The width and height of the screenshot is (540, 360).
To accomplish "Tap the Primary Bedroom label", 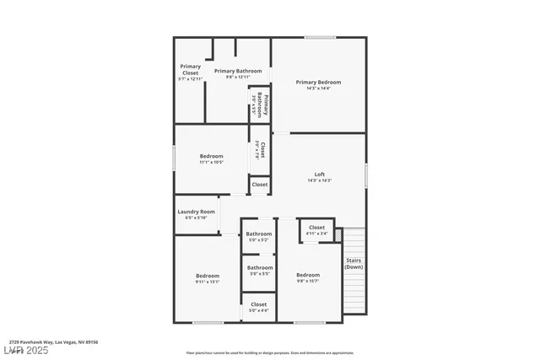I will [x=318, y=82].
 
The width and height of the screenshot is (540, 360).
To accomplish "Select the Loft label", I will [x=320, y=175].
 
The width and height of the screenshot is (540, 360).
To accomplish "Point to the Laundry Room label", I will [x=196, y=212].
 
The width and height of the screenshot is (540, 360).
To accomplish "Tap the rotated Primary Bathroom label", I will [x=264, y=108].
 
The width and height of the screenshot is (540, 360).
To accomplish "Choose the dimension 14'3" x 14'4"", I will [x=318, y=89].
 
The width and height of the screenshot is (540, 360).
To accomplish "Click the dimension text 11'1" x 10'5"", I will [x=211, y=162].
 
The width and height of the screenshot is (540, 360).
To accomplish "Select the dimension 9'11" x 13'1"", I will [x=208, y=282].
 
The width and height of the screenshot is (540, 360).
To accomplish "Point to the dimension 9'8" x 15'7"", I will [x=308, y=282].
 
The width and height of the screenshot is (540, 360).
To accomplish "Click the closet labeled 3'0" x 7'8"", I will [x=261, y=149].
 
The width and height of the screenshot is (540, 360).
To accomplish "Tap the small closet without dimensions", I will [x=260, y=185].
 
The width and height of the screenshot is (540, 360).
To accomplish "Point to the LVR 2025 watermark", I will [x=26, y=350].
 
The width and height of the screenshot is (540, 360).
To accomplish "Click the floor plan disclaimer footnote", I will [x=270, y=353].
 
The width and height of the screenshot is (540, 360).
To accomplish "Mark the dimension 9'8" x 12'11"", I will [x=238, y=77].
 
